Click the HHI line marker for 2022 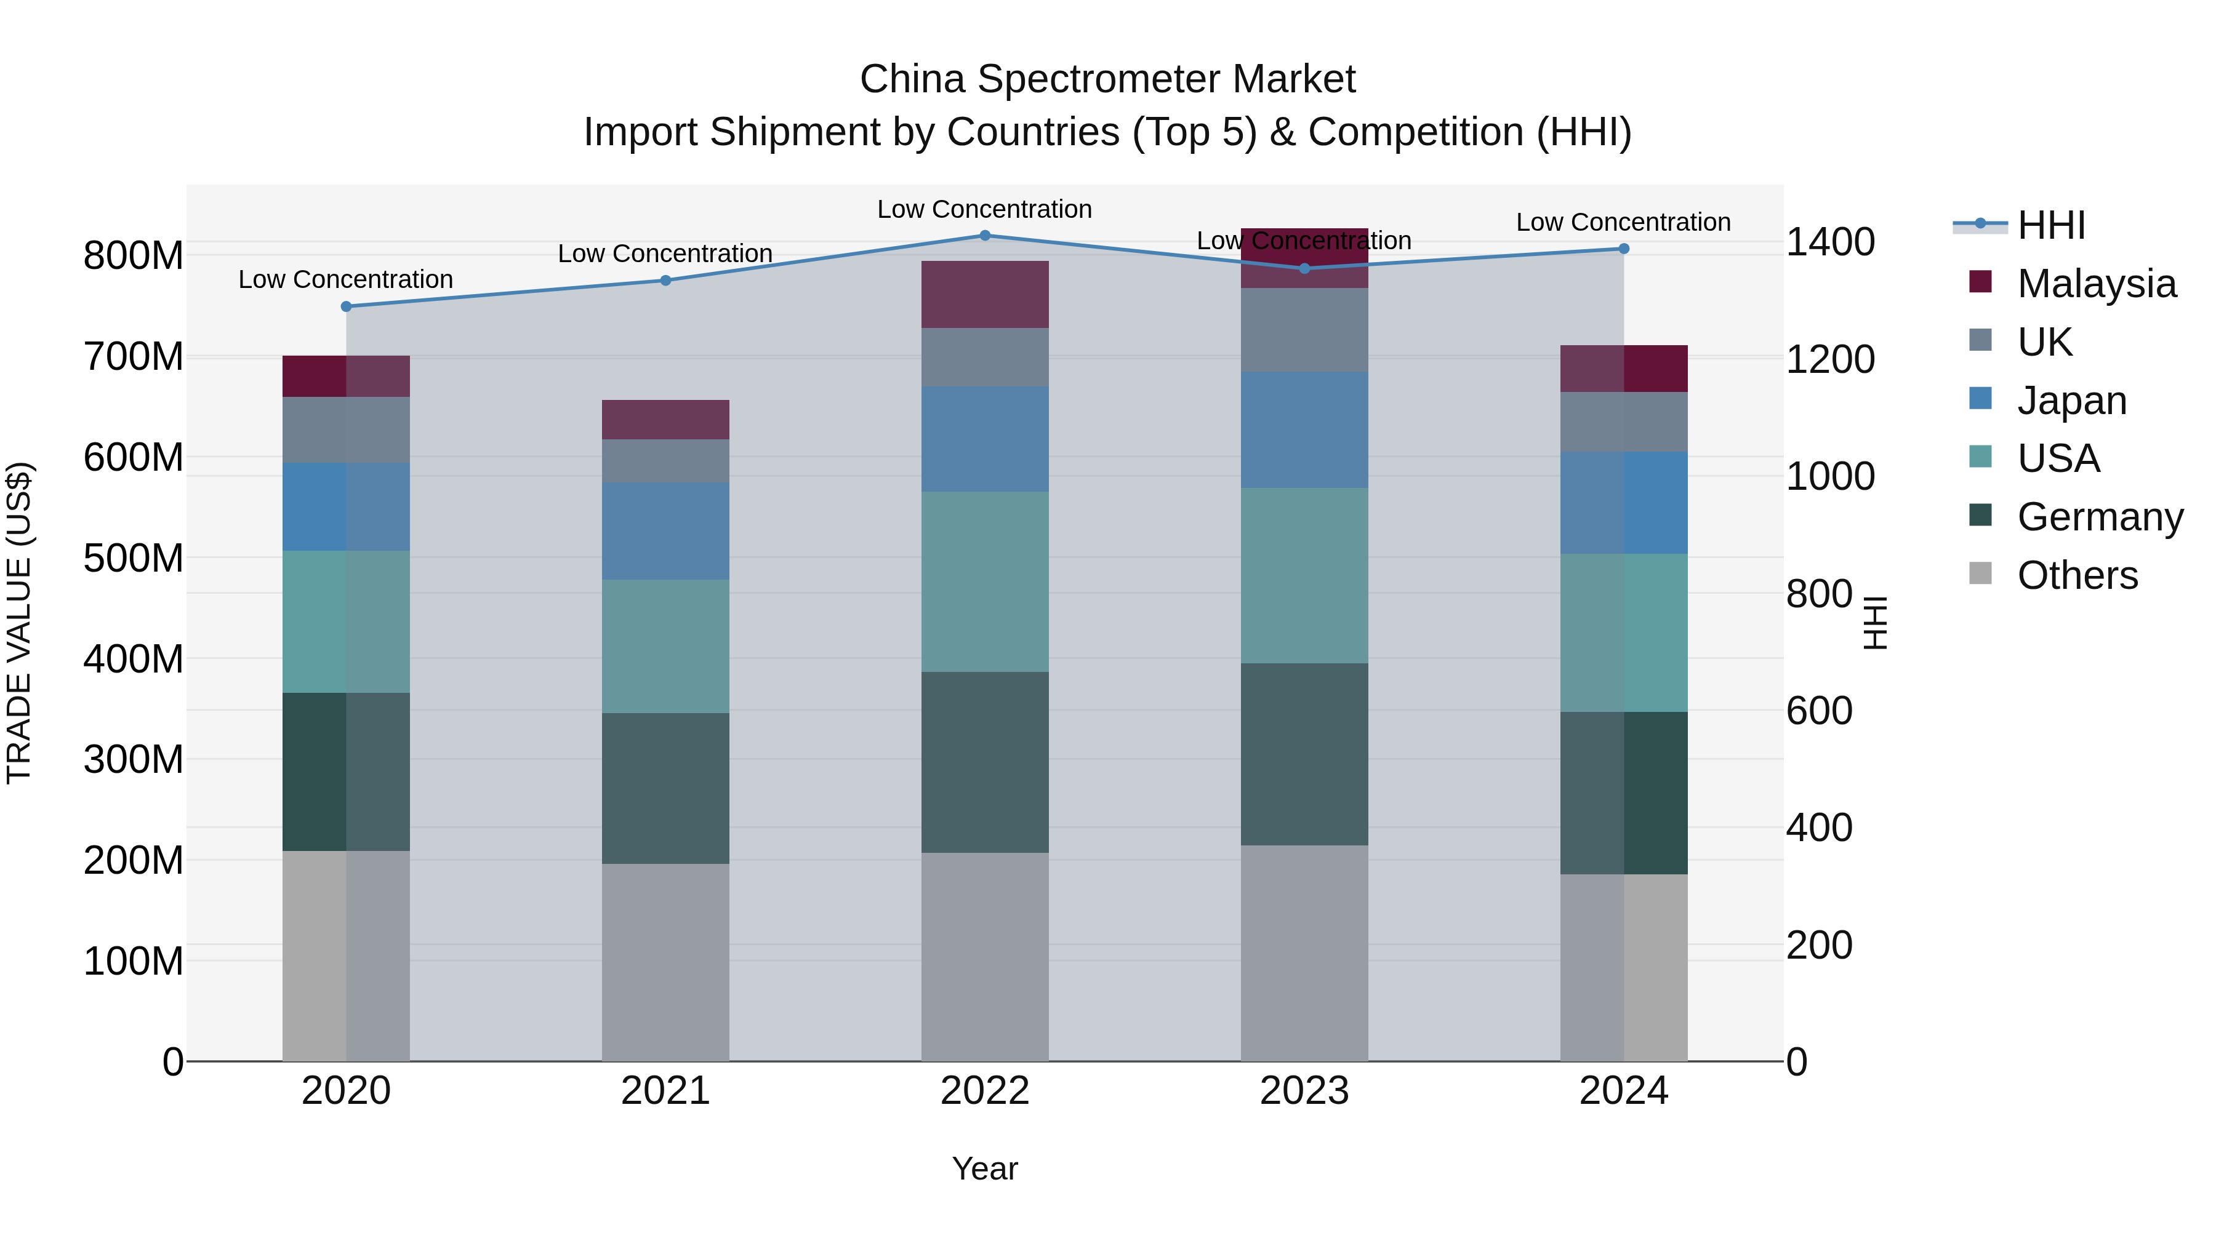(985, 236)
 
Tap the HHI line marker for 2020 (347, 306)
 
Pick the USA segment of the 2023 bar (1304, 575)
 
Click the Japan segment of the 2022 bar (985, 439)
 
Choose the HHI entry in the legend (2051, 225)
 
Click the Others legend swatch (1980, 573)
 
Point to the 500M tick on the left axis (134, 558)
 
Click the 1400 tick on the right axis (1830, 242)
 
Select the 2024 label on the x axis (1623, 1091)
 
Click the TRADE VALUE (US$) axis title (19, 623)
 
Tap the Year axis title (985, 1168)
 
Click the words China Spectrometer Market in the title (1107, 79)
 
